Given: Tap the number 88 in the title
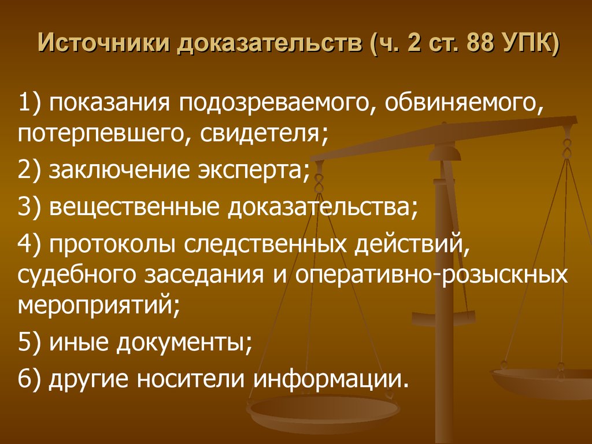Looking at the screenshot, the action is (x=482, y=43).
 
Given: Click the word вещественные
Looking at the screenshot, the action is (x=134, y=208).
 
